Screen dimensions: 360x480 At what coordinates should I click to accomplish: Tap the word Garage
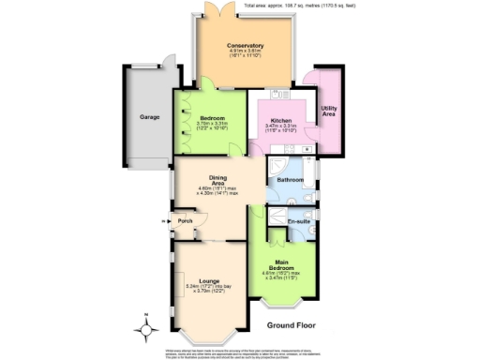pos(149,116)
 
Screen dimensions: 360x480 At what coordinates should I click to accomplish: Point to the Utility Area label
pos(328,112)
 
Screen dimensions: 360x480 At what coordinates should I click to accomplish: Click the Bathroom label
pos(289,179)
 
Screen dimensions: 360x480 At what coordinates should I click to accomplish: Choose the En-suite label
pos(299,221)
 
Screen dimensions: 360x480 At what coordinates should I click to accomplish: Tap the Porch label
pos(186,221)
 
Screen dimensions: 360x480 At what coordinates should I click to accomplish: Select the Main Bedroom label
pos(286,264)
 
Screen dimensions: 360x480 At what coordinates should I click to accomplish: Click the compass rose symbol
pos(145,328)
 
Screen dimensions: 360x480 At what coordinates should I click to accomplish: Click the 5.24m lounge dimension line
pos(212,285)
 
